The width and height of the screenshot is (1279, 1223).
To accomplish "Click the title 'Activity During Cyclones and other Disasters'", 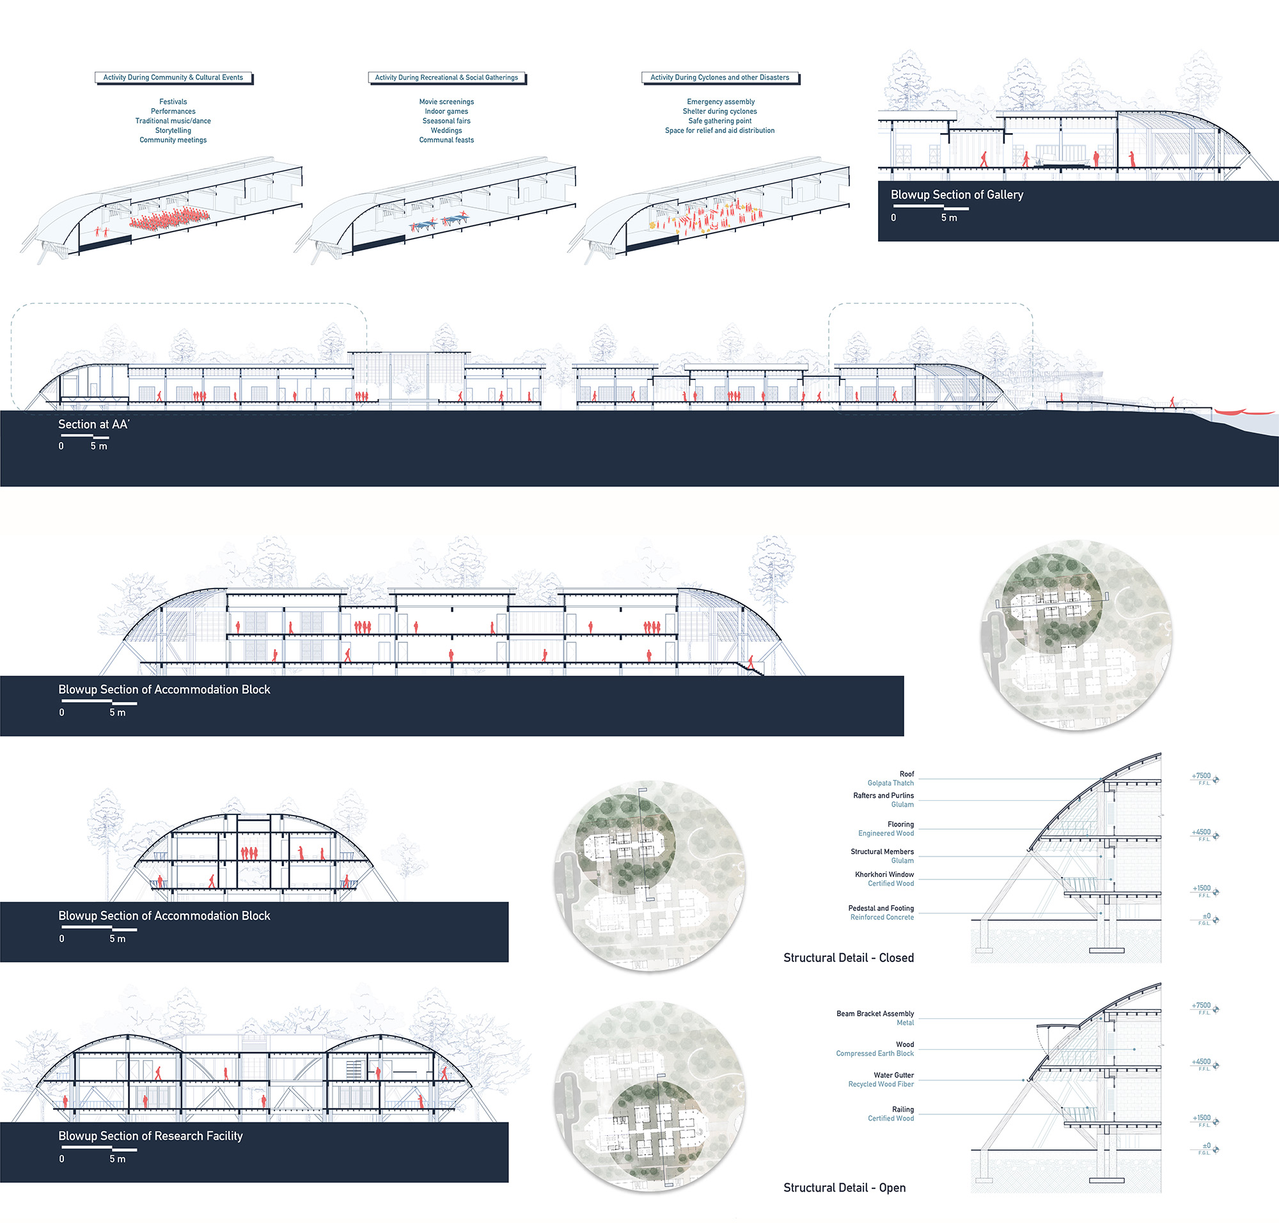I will click(719, 77).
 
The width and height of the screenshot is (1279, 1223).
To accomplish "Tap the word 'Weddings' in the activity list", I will click(446, 130).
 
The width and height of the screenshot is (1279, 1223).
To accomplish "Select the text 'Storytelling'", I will click(173, 130).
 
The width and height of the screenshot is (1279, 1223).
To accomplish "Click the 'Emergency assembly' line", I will click(720, 102).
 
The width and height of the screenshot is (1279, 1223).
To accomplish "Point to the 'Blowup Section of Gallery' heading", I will click(956, 195).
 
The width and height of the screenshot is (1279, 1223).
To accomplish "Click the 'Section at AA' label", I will click(94, 424).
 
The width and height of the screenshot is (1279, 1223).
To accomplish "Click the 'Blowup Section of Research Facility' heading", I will click(150, 1135).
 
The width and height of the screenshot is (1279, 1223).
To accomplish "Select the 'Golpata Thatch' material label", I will click(890, 783).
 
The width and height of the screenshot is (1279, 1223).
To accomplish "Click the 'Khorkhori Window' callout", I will click(884, 874).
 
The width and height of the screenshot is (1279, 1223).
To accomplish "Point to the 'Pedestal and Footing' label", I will click(881, 908).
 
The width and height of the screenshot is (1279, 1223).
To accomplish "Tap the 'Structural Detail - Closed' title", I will click(848, 958).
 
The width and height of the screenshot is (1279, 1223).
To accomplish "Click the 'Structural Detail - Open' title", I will click(844, 1188).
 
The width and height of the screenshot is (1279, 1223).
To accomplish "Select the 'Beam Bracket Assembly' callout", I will click(875, 1014).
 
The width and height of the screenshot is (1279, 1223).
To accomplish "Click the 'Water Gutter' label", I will click(893, 1075).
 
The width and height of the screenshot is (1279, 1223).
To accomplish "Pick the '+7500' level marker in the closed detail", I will click(1201, 776).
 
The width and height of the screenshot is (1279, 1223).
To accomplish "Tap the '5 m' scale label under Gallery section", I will click(948, 217).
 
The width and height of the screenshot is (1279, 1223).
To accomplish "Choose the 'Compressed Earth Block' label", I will click(874, 1053).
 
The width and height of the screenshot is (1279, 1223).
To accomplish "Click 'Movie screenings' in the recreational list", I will click(446, 102).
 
